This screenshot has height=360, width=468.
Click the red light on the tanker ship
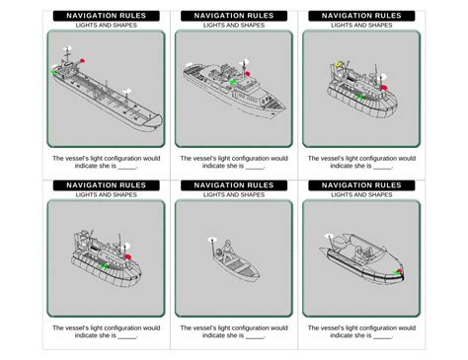82,60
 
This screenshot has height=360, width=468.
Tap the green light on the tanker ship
54,72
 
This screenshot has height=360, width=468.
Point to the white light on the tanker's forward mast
127,91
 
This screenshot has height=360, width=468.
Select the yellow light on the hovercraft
339,65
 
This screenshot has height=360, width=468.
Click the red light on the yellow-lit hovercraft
384,88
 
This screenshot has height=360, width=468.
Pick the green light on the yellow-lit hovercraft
360,97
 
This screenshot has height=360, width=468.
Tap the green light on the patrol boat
233,82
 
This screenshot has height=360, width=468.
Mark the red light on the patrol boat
248,74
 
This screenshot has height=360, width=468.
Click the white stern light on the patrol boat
190,65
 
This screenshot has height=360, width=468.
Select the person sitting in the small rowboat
227,251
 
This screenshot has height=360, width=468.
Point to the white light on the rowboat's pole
212,240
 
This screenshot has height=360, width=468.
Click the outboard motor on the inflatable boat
338,245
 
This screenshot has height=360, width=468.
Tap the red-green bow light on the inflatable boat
399,272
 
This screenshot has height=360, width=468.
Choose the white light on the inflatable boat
329,236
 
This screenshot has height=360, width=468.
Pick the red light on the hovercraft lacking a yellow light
128,256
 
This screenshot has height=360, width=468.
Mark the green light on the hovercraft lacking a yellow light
105,265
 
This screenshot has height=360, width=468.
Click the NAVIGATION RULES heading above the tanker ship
107,16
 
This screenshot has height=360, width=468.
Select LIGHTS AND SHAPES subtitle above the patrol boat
234,26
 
